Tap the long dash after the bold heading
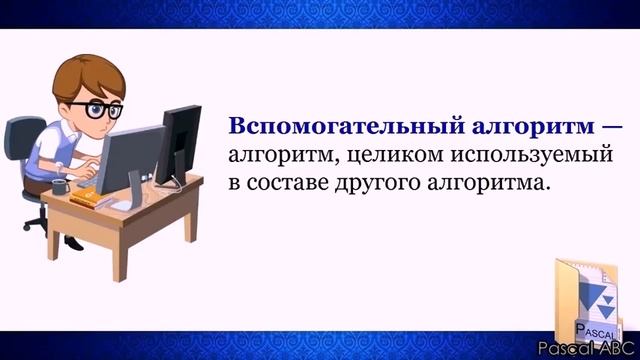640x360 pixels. [611, 128]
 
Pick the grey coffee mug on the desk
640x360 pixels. [60, 186]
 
